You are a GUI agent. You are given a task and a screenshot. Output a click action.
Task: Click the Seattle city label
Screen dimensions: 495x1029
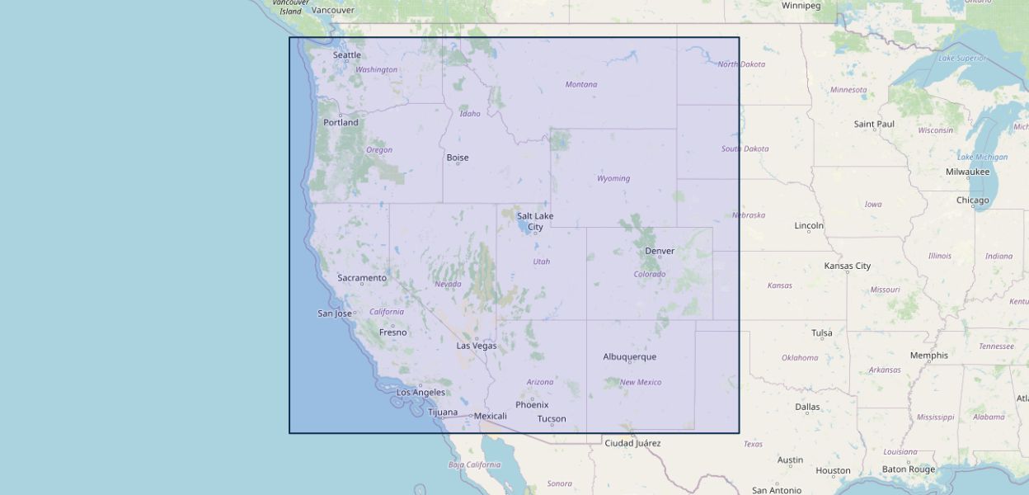point(346,55)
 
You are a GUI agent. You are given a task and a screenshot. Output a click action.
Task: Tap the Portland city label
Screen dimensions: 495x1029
point(341,122)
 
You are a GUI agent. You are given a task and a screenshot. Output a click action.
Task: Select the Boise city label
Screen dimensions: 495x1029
point(457,158)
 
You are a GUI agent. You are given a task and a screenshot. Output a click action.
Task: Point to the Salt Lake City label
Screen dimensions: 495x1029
point(535,221)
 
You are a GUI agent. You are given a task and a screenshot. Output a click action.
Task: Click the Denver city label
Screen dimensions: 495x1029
point(659,251)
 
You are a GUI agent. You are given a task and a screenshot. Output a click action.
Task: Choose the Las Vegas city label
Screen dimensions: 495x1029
point(477,346)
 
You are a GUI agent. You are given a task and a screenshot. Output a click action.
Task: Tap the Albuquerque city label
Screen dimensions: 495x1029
point(629,356)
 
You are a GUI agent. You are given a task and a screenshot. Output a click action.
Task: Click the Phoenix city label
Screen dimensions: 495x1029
point(532,405)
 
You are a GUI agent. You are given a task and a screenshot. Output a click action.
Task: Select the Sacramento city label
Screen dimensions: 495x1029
point(361,278)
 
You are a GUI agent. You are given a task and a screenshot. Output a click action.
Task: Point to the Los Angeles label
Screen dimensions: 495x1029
point(421,393)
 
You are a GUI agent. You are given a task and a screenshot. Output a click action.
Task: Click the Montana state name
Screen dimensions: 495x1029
point(581,84)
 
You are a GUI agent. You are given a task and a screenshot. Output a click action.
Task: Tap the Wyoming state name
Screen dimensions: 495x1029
point(613,178)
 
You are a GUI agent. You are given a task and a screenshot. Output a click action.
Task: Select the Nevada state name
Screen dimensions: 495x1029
point(448,284)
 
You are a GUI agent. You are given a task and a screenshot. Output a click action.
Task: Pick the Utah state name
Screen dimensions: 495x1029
point(541,262)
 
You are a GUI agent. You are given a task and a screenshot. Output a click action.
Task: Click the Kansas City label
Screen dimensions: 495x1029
point(847,266)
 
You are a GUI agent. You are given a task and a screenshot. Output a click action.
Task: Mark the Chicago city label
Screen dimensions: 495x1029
point(972,200)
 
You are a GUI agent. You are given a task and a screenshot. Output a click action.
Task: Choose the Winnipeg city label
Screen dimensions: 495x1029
point(801,6)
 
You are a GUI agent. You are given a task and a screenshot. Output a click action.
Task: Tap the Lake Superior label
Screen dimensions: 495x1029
point(962,58)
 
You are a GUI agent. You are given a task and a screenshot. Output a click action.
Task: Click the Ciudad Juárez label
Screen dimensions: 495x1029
point(632,443)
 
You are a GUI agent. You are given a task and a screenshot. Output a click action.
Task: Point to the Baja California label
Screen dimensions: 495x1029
point(474,464)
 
